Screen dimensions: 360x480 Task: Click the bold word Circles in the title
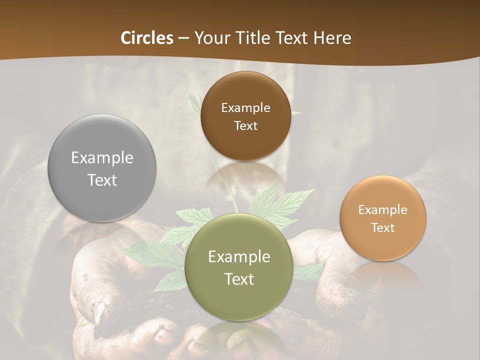pos(146,38)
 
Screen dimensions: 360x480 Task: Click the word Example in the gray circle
pos(102,158)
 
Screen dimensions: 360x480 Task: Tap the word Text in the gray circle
pos(102,180)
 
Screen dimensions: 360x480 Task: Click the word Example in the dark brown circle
pos(245,108)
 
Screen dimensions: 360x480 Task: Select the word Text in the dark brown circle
pos(245,125)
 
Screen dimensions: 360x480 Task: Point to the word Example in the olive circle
pos(239,257)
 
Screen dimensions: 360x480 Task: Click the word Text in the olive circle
pos(239,279)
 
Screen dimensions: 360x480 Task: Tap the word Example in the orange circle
pos(382,210)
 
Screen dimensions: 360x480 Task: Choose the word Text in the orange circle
pos(382,227)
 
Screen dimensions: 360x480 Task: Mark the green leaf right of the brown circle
pos(296,113)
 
